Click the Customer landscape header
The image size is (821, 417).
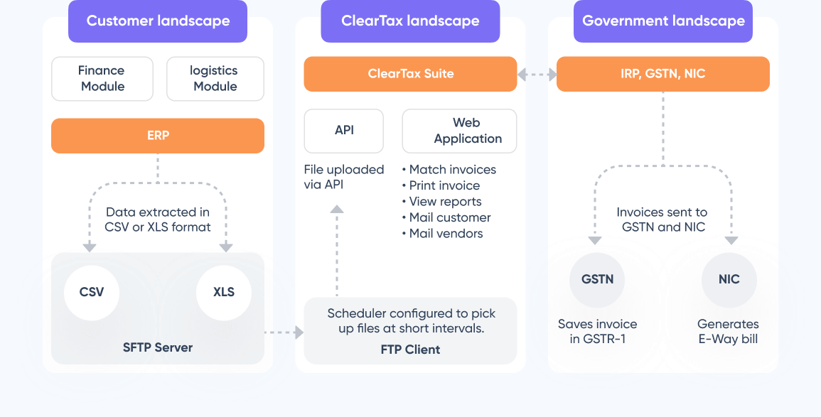coord(158,21)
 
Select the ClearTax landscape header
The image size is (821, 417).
coord(410,21)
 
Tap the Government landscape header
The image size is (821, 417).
coord(663,21)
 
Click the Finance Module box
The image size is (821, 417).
coord(102,78)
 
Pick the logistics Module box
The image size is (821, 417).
coord(215,78)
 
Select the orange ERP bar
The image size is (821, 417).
coord(158,135)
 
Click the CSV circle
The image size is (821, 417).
coord(91,292)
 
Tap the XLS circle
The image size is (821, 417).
coord(223,292)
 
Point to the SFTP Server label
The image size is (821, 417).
coord(158,347)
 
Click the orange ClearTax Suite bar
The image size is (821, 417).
coord(410,74)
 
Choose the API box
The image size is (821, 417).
coord(344,131)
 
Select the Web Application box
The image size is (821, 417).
coord(459,131)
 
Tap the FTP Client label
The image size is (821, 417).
coord(410,349)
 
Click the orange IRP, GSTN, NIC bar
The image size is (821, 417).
coord(663,74)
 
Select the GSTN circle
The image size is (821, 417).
coord(597,279)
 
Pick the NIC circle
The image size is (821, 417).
coord(729,279)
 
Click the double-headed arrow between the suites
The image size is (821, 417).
coord(537,74)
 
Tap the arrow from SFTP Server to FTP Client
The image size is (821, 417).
coord(284,332)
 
